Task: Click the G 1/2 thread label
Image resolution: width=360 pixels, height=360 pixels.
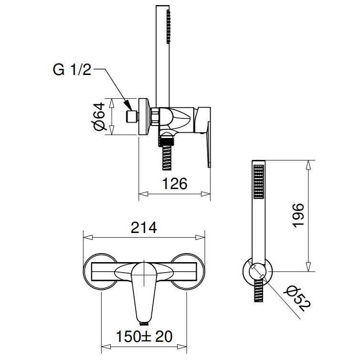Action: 72,70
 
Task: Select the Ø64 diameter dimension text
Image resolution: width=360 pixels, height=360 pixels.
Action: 99,116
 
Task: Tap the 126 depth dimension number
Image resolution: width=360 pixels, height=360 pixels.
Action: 175,184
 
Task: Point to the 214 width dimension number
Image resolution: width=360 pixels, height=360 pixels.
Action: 144,228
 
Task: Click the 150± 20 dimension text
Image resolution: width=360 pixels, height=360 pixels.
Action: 144,337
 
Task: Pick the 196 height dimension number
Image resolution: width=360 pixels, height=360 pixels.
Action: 298,216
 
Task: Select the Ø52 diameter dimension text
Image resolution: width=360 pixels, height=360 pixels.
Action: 297,298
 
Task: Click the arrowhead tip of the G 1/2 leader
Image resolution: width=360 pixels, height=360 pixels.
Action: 132,110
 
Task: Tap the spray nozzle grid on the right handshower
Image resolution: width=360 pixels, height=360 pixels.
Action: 258,181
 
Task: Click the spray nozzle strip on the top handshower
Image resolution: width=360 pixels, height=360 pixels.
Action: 169,27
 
